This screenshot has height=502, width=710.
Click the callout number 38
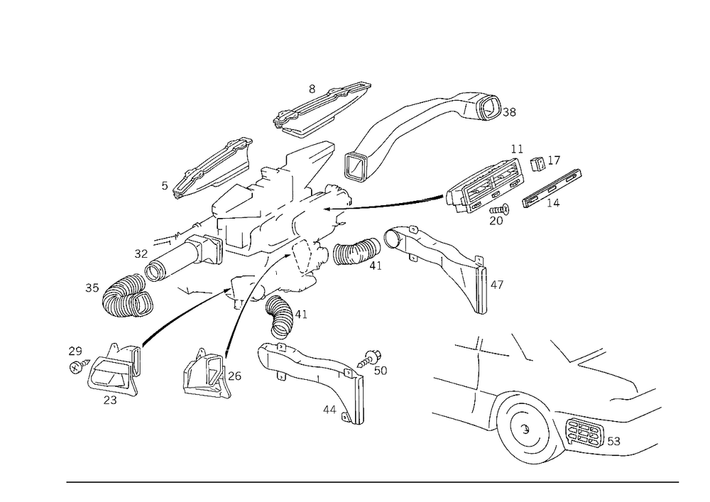[x=509, y=112]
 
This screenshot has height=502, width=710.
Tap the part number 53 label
[x=613, y=441]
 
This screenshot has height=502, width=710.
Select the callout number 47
[x=497, y=285]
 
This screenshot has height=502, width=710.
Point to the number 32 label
[x=141, y=254]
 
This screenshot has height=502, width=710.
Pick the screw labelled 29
[x=78, y=366]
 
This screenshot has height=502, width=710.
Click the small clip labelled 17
[x=537, y=163]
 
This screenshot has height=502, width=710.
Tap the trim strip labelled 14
[x=552, y=188]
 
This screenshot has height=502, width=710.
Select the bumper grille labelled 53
[x=584, y=434]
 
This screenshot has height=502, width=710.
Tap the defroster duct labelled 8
[x=322, y=109]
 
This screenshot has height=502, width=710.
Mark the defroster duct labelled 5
[x=213, y=168]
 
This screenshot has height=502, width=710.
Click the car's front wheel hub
[x=525, y=428]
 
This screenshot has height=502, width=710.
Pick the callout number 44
[x=329, y=410]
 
